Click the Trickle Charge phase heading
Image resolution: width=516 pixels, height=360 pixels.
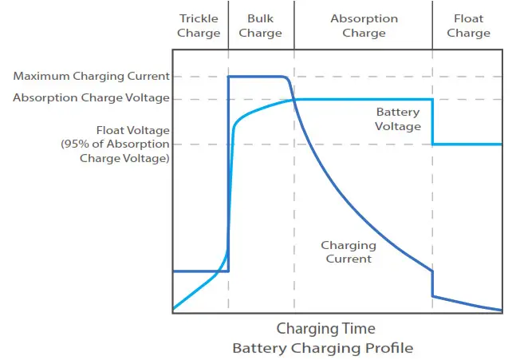tap(199, 26)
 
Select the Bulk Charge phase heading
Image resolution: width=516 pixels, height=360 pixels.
tap(260, 26)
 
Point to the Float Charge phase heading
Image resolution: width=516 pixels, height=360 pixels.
tap(468, 26)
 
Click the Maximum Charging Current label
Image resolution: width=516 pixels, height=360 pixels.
tap(92, 77)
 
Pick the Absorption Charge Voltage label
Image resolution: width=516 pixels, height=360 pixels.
tap(92, 98)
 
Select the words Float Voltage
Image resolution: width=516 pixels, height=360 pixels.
tap(132, 130)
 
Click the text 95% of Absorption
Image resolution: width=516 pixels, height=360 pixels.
tap(116, 144)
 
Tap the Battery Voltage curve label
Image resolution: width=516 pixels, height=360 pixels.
tap(398, 120)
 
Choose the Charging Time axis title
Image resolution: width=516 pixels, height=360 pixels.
tap(325, 328)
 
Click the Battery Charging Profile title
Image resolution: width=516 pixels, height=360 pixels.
tap(323, 348)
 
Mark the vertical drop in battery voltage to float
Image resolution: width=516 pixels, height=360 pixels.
tap(433, 121)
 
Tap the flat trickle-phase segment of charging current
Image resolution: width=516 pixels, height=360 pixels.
tap(199, 271)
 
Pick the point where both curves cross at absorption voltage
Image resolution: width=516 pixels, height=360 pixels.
tap(294, 99)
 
